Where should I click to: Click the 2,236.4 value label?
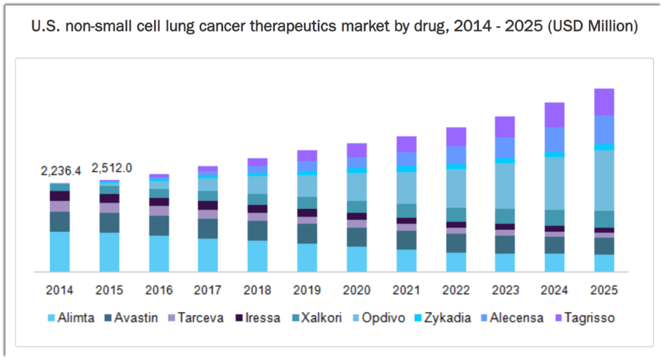tap(60, 171)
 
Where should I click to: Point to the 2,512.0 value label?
tap(112, 168)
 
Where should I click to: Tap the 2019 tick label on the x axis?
tap(307, 290)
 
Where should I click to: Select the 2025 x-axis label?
tap(604, 290)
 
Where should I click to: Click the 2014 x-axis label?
tap(59, 290)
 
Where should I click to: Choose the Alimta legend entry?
tap(71, 317)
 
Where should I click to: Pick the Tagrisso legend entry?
tap(585, 317)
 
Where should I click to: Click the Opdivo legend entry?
tap(378, 317)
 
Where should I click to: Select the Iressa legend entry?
tap(258, 317)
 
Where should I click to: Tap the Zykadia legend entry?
tap(443, 317)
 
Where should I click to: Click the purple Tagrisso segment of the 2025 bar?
tap(604, 102)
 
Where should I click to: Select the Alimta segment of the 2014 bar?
tap(60, 252)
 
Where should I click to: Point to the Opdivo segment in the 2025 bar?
tap(604, 181)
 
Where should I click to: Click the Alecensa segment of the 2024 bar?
tap(554, 139)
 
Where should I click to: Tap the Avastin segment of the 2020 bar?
tap(357, 237)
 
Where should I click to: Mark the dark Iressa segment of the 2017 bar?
tap(208, 205)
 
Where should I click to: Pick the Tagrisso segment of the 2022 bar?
tap(456, 137)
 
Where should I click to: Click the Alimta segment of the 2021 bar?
tap(406, 260)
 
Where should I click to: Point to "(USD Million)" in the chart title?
tap(592, 27)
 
